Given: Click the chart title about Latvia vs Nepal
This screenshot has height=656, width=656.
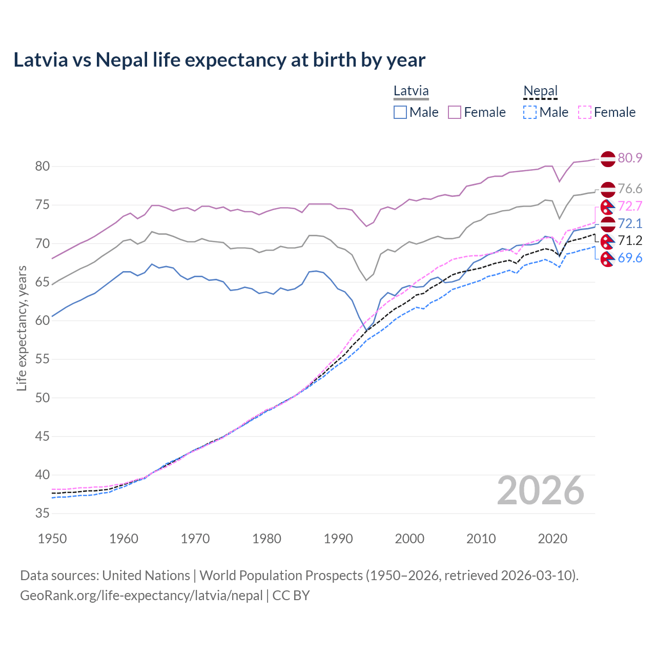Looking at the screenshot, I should click(219, 60).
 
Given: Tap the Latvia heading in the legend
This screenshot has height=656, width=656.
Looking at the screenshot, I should click(411, 91).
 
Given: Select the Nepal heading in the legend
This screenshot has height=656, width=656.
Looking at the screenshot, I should click(540, 91).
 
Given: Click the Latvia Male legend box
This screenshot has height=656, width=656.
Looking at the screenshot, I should click(400, 112).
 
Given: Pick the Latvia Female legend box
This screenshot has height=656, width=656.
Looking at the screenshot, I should click(455, 112).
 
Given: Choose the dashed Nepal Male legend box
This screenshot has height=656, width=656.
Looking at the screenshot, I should click(530, 112).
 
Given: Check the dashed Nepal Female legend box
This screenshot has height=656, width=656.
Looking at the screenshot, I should click(585, 112).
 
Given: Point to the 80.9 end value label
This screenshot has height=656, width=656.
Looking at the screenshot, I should click(630, 158).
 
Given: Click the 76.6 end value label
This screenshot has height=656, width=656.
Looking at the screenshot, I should click(630, 189).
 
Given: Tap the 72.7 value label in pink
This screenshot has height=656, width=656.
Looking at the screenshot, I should click(630, 206).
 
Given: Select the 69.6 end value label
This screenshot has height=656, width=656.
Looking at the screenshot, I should click(630, 258).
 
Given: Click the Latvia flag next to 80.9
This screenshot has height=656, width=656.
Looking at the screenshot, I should click(608, 158).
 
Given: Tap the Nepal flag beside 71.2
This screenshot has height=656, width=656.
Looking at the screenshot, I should click(608, 241).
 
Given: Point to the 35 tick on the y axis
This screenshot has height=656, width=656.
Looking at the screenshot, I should click(42, 514).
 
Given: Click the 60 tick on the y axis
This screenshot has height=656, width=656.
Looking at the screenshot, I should click(42, 320).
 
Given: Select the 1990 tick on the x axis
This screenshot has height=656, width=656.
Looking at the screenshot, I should click(338, 539).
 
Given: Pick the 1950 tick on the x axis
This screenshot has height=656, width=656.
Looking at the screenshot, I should click(52, 539).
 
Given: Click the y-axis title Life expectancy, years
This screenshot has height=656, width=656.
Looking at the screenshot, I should click(22, 328).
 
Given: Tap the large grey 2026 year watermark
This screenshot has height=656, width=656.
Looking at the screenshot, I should click(540, 490).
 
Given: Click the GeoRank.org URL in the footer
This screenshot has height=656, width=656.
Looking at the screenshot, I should click(141, 596).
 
